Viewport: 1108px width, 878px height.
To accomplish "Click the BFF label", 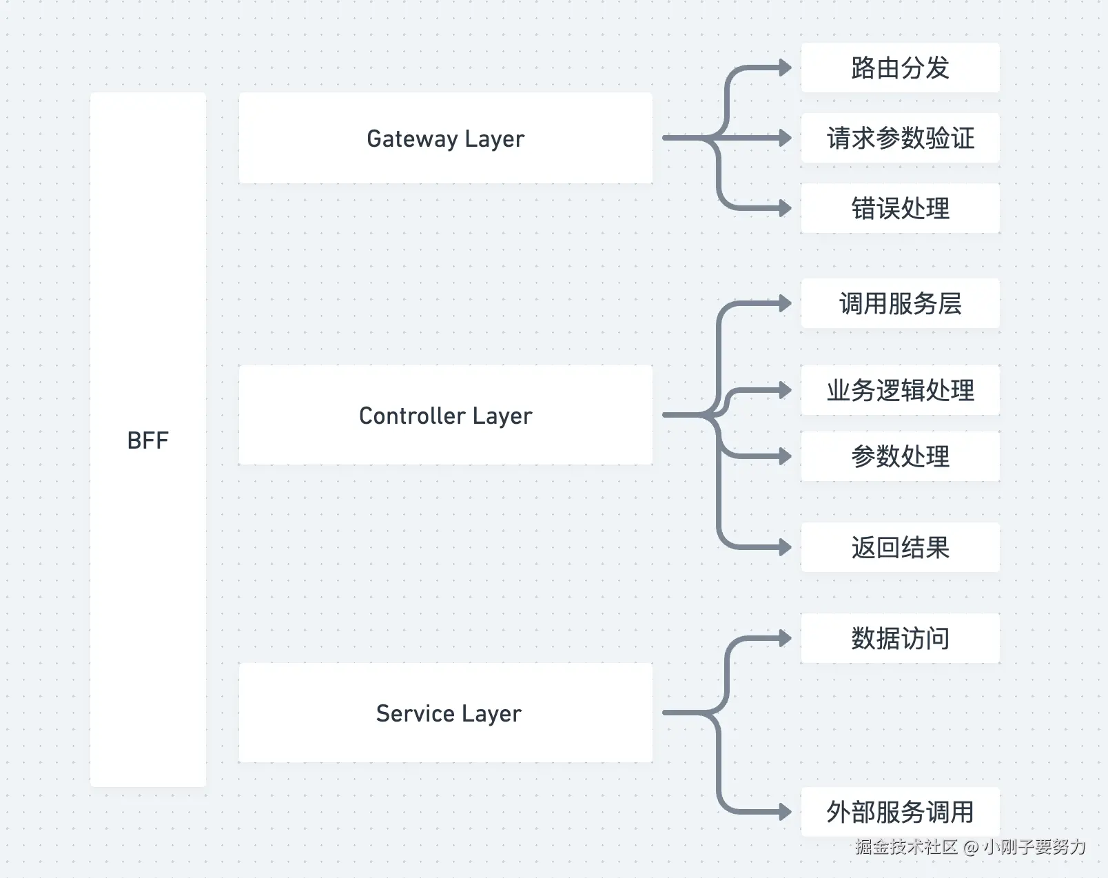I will point(147,440).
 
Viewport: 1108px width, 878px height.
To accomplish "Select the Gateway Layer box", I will point(445,138).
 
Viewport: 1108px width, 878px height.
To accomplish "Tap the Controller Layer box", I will point(445,415).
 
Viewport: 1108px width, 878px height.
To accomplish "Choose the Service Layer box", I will point(445,713).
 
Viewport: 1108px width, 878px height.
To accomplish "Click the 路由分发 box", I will point(899,68).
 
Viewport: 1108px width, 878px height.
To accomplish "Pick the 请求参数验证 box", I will point(899,138).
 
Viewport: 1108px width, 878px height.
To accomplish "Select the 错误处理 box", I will point(899,208).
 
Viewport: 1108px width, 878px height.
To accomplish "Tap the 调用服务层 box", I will point(899,303).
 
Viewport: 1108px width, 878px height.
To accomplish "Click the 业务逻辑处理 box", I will point(899,390).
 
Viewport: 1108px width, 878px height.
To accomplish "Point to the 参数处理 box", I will point(899,456).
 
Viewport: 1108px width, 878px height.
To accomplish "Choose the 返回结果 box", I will point(899,547).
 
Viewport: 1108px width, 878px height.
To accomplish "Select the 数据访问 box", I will point(899,638).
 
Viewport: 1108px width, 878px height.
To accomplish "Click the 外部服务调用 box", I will point(899,812).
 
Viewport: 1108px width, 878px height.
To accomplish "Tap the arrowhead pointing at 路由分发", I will point(785,68).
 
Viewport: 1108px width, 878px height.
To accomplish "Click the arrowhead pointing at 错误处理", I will point(785,208).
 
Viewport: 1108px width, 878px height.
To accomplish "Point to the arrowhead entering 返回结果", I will point(785,547).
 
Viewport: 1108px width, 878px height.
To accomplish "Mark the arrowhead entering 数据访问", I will point(785,638).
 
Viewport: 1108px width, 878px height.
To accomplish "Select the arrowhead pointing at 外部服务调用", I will point(785,812).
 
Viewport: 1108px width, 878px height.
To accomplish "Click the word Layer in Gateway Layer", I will point(494,139).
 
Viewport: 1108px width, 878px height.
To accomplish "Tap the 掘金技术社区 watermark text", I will point(906,846).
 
